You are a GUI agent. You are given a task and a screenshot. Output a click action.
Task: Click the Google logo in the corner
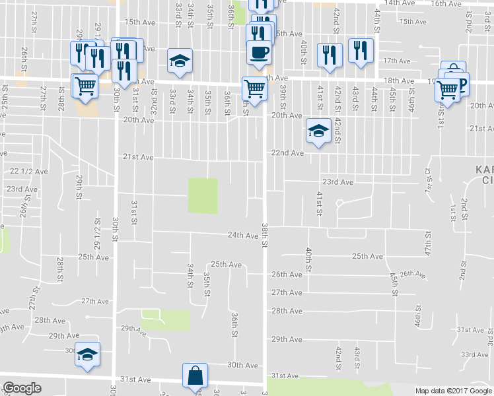22,388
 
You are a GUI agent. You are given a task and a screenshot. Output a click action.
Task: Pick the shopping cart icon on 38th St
254,87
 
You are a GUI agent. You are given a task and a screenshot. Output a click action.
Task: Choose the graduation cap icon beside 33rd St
179,61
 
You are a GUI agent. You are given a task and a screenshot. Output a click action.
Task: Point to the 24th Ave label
242,235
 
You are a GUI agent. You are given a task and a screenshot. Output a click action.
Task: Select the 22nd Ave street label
287,152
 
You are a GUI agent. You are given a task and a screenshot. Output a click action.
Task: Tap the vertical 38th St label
264,235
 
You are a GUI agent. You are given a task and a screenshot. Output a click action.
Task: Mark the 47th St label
428,244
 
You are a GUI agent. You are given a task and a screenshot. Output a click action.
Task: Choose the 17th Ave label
397,61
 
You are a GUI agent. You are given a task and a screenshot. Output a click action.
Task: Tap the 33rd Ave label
474,355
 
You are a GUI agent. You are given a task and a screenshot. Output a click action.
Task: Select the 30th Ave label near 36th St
242,364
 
